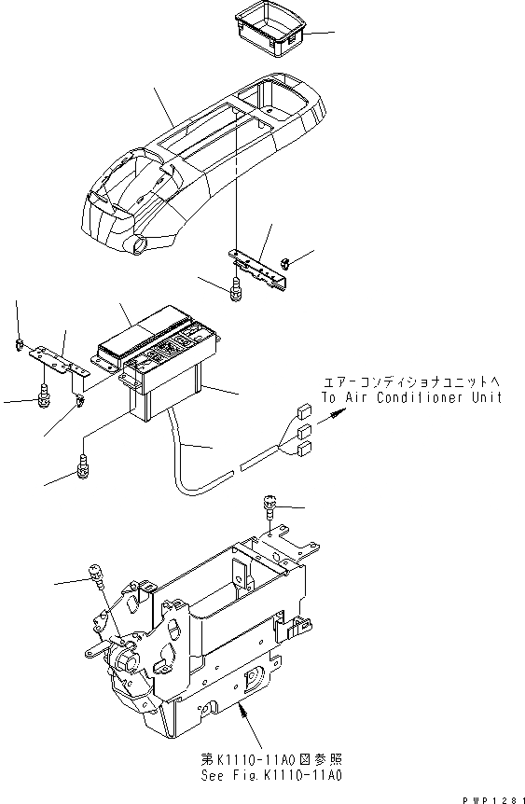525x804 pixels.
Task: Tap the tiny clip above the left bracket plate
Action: [20, 346]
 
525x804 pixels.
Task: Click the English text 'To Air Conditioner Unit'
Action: [411, 396]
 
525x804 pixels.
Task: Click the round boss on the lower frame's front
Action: [125, 664]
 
